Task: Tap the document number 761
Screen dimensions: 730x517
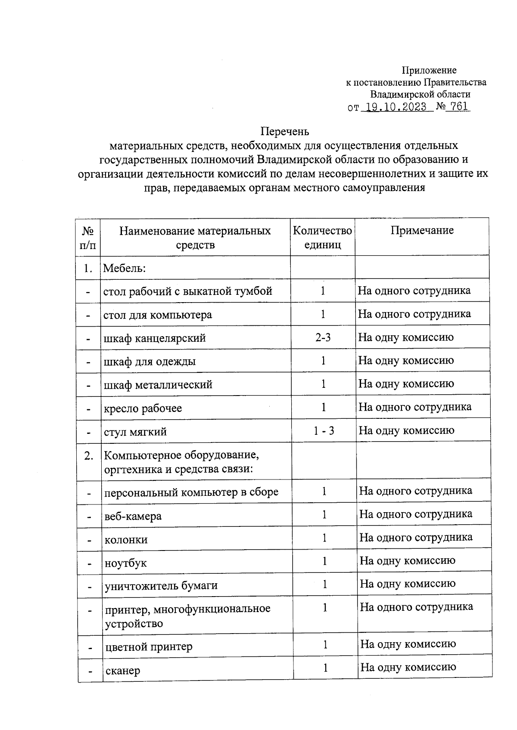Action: pyautogui.click(x=458, y=107)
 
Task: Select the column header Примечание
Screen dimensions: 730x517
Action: pyautogui.click(x=422, y=230)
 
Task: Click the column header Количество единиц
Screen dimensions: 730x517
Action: pyautogui.click(x=322, y=238)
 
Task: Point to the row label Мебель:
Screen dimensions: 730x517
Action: pyautogui.click(x=125, y=268)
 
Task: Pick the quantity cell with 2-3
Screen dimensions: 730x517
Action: pyautogui.click(x=323, y=337)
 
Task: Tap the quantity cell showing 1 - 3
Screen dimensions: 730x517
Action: pyautogui.click(x=324, y=430)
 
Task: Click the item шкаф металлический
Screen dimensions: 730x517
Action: pyautogui.click(x=158, y=384)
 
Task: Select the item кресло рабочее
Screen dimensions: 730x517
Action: pyautogui.click(x=143, y=408)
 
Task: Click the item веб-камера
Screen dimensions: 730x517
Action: pyautogui.click(x=133, y=516)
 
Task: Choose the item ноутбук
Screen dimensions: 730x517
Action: pyautogui.click(x=125, y=563)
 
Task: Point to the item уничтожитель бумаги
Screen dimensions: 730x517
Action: pyautogui.click(x=161, y=585)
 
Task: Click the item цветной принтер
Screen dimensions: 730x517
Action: pyautogui.click(x=149, y=646)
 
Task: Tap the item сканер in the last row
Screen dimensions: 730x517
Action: pyautogui.click(x=122, y=671)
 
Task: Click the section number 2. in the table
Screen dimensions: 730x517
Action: pyautogui.click(x=89, y=456)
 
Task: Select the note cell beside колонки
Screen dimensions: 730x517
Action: pyautogui.click(x=416, y=537)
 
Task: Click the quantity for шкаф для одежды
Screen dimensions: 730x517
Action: pyautogui.click(x=323, y=360)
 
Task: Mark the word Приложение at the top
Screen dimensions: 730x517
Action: pyautogui.click(x=429, y=70)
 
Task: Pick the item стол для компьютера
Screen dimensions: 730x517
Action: pyautogui.click(x=158, y=315)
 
